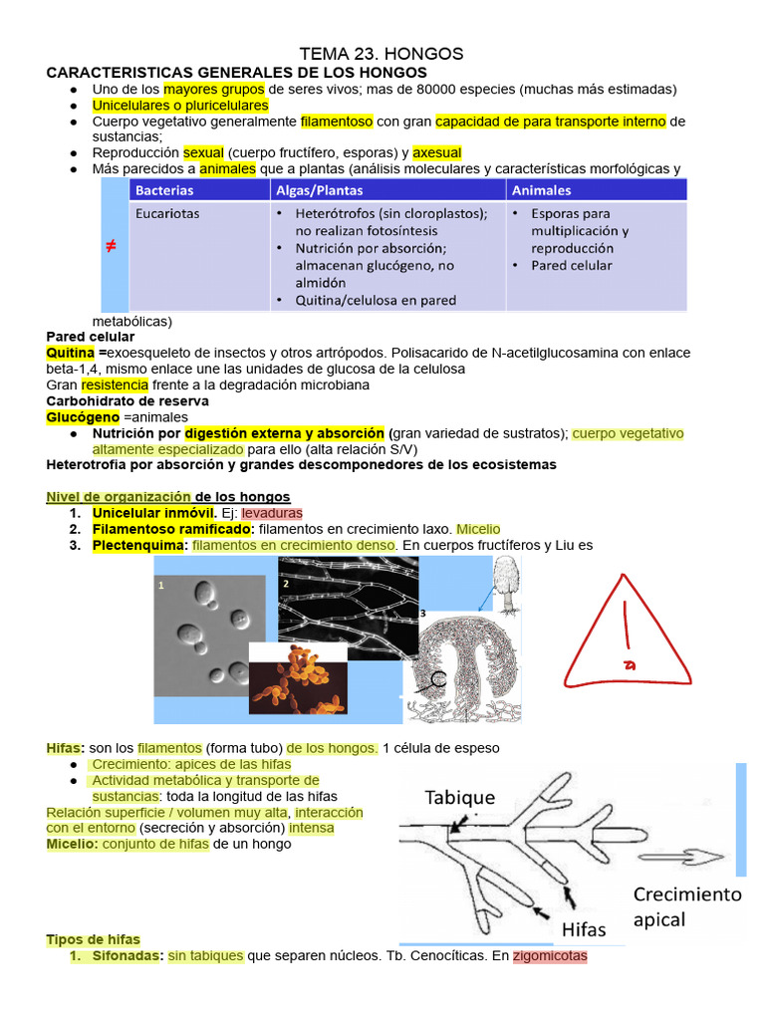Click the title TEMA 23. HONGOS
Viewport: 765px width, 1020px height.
(382, 54)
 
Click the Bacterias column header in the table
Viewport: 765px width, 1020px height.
(164, 189)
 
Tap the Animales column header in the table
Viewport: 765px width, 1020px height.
(542, 189)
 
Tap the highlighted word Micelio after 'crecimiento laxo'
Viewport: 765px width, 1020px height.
(478, 529)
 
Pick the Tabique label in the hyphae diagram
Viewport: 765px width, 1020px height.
(459, 797)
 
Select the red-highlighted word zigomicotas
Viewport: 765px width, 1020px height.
(550, 956)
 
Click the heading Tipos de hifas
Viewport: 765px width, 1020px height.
(94, 939)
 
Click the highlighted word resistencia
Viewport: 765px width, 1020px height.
(115, 384)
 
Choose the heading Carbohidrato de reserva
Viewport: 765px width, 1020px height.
(127, 400)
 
